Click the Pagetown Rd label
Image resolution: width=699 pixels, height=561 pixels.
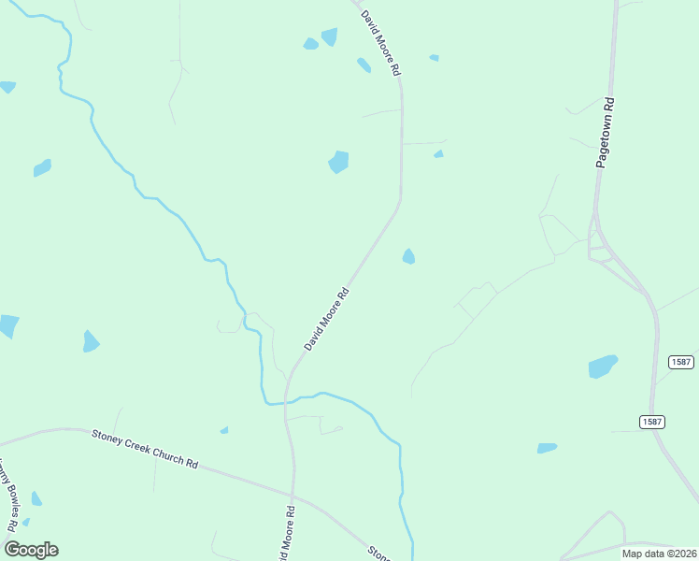[605, 133]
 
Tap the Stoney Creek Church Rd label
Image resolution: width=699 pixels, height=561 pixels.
[146, 450]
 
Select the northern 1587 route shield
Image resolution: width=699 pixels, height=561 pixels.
[680, 362]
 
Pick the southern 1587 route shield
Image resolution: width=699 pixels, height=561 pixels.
[652, 423]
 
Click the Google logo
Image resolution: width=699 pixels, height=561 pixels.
[31, 550]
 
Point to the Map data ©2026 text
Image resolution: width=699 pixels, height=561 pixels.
[658, 554]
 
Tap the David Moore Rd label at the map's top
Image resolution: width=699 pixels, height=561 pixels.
[381, 43]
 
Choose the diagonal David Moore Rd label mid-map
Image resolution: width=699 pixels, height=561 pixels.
[326, 319]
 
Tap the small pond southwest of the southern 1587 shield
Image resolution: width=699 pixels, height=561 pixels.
[547, 449]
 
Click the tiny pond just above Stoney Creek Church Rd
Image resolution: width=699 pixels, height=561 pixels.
[224, 430]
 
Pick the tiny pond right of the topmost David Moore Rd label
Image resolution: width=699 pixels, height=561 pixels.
[434, 58]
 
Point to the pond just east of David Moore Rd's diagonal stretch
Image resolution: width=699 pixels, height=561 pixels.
[408, 256]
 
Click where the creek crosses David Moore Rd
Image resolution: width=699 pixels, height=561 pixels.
[286, 401]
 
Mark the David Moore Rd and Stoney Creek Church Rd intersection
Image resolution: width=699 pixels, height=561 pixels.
[292, 493]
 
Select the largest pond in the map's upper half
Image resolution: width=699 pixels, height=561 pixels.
[338, 162]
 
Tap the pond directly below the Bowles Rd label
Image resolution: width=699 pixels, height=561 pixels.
[36, 498]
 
